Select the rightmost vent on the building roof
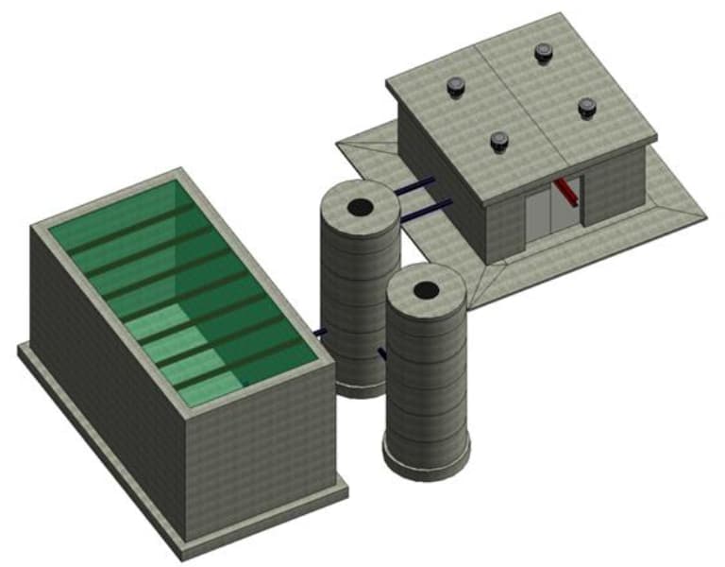click(586, 108)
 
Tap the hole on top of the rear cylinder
click(360, 207)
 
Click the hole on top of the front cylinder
click(426, 290)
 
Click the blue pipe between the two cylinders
click(382, 353)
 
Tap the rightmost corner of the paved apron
click(704, 216)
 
